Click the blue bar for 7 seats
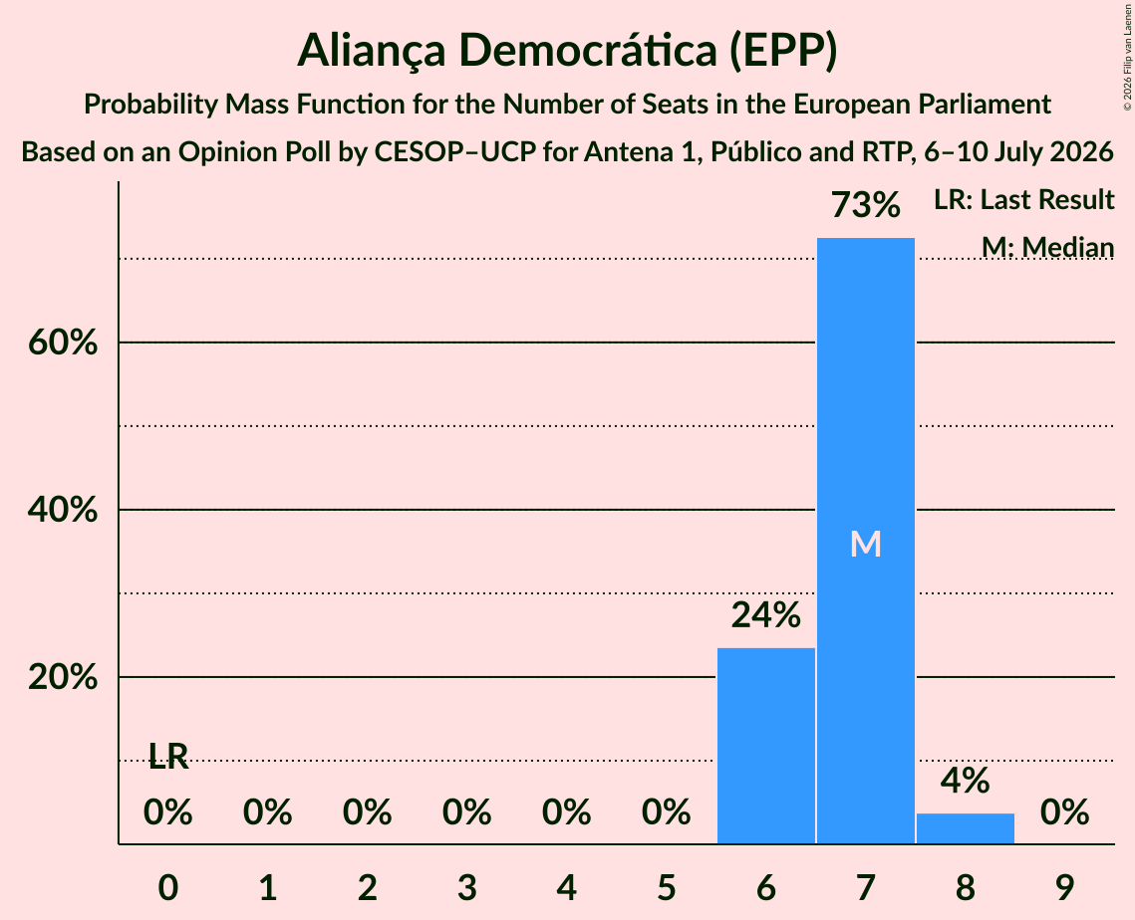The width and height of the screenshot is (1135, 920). click(x=866, y=541)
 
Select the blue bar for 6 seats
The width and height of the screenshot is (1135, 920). click(x=766, y=746)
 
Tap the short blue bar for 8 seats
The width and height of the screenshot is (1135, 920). click(x=966, y=828)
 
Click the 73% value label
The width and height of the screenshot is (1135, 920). click(x=866, y=205)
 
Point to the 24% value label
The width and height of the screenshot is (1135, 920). click(x=766, y=615)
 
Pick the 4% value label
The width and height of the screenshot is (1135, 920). click(x=966, y=782)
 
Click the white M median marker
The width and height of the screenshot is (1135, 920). click(x=866, y=544)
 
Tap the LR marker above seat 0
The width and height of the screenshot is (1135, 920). click(x=168, y=757)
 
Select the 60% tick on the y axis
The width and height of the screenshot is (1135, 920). click(x=63, y=343)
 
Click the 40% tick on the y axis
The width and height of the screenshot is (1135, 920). click(x=63, y=510)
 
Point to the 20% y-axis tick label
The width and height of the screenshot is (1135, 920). click(x=63, y=677)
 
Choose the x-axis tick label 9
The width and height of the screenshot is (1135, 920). click(x=1065, y=887)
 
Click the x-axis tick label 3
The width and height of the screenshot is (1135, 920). click(x=467, y=887)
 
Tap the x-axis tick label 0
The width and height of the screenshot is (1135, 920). click(x=168, y=887)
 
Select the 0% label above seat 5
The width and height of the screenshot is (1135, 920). click(x=666, y=812)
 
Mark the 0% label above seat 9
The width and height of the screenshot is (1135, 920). click(x=1065, y=812)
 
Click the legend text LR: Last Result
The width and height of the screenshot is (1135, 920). click(x=1023, y=199)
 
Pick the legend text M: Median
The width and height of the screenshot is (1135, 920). click(x=1047, y=247)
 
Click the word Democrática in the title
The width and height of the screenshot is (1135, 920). click(x=588, y=51)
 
